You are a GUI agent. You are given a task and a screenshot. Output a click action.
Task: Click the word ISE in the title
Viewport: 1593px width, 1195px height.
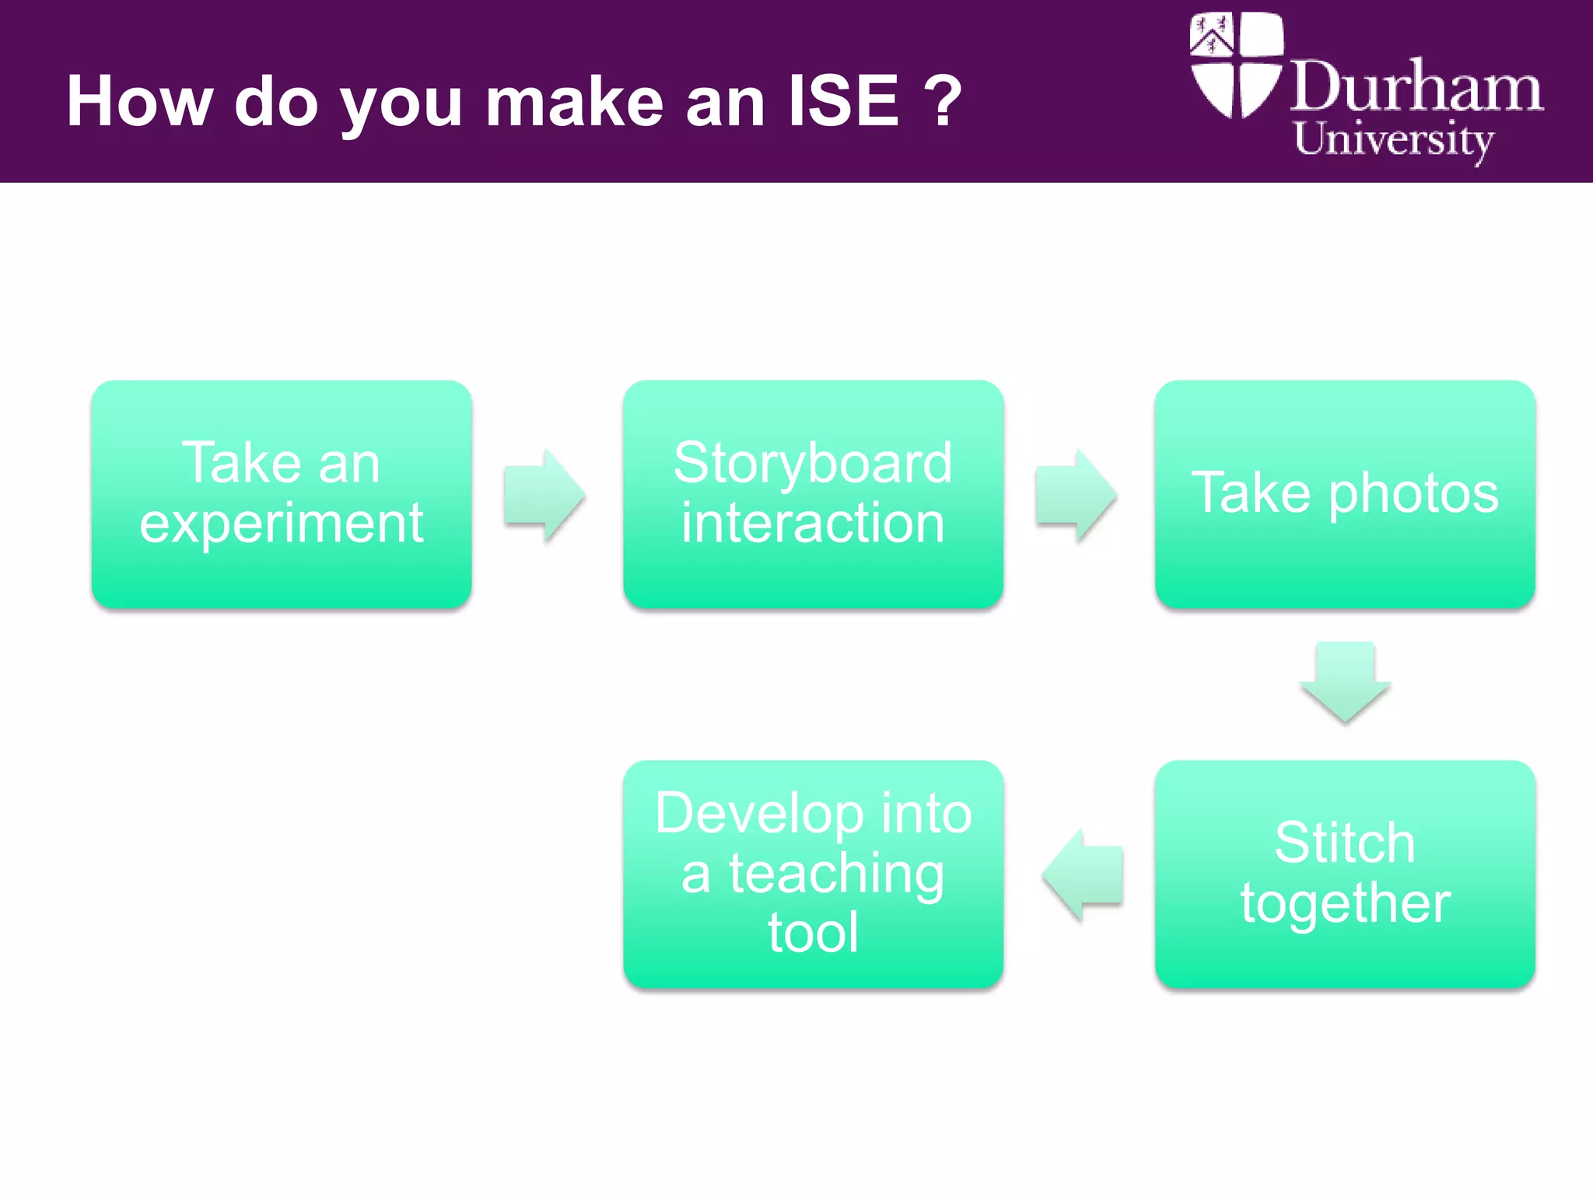[843, 101]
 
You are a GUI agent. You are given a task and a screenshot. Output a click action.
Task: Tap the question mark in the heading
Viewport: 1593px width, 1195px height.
[944, 101]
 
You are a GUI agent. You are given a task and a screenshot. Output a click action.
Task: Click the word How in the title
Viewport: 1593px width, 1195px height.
[139, 101]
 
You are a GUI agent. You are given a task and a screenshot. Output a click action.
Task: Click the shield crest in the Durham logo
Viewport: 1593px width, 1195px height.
[1235, 66]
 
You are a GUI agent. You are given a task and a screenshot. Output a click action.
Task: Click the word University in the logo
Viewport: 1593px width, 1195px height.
[1393, 140]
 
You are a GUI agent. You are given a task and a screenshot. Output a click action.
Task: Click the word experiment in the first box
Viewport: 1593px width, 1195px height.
[281, 524]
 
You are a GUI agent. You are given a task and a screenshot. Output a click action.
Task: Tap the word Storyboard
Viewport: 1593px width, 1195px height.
[813, 463]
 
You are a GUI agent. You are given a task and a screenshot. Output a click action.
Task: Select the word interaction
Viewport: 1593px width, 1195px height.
[813, 523]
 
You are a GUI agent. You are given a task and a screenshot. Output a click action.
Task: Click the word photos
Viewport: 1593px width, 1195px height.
[1413, 493]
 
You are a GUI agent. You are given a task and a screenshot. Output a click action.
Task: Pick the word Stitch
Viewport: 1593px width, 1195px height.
[1344, 843]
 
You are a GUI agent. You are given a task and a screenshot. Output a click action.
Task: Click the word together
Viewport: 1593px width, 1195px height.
[1345, 903]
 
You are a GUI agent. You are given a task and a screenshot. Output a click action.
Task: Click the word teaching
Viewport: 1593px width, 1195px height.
[836, 874]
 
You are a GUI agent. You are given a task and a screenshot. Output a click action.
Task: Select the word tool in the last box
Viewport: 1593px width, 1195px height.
[813, 933]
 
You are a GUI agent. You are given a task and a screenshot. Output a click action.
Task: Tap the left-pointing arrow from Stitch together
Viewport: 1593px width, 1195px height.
[1083, 874]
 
